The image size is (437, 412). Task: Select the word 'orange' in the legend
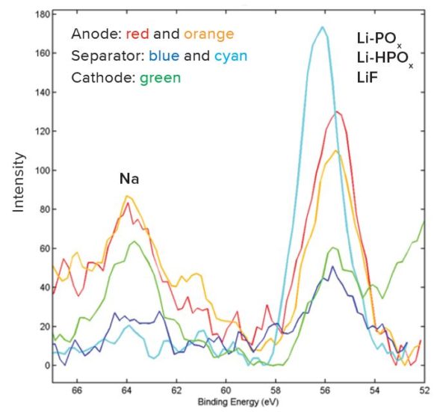coord(207,34)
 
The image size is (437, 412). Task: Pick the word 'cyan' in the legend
coord(231,56)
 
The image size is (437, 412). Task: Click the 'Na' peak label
coord(130,179)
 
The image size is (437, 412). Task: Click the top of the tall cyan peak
coord(323,28)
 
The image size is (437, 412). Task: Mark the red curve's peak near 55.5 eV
coord(338,112)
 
